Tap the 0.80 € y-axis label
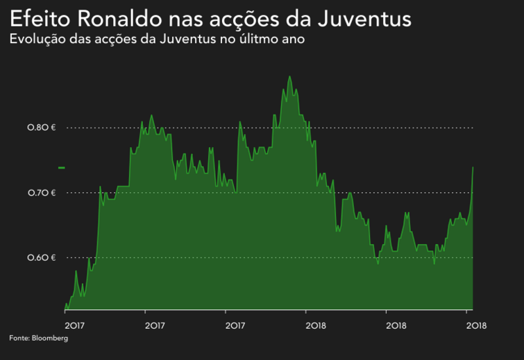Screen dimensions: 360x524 coord(41,128)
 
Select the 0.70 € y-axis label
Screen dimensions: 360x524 coord(41,193)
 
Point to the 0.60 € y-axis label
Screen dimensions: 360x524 coord(41,258)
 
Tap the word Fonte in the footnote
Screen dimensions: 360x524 coord(18,338)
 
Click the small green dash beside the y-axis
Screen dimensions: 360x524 coord(62,168)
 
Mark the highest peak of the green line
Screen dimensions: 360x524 coord(289,76)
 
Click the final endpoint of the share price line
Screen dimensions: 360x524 coord(473,167)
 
